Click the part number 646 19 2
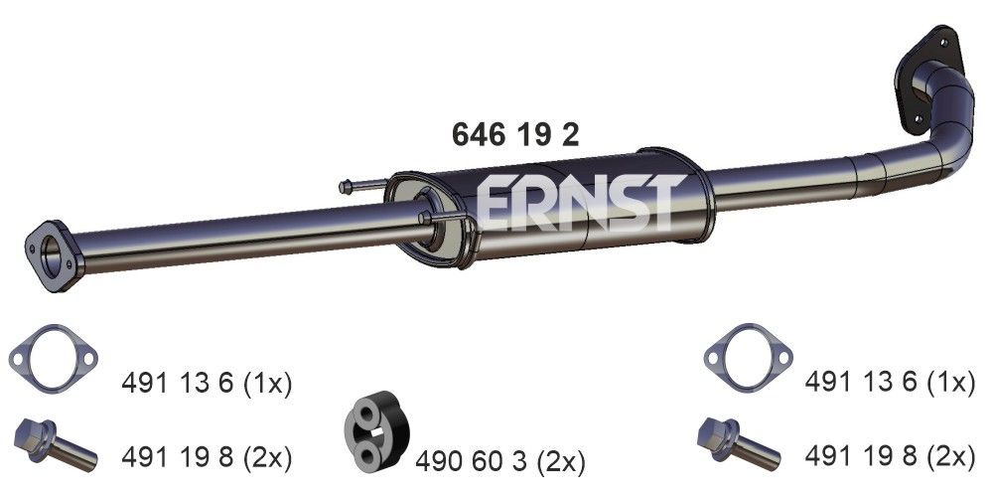(x=514, y=134)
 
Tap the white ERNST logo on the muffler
(x=579, y=203)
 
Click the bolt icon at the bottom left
(x=55, y=443)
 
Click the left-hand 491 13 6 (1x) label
(x=206, y=383)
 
